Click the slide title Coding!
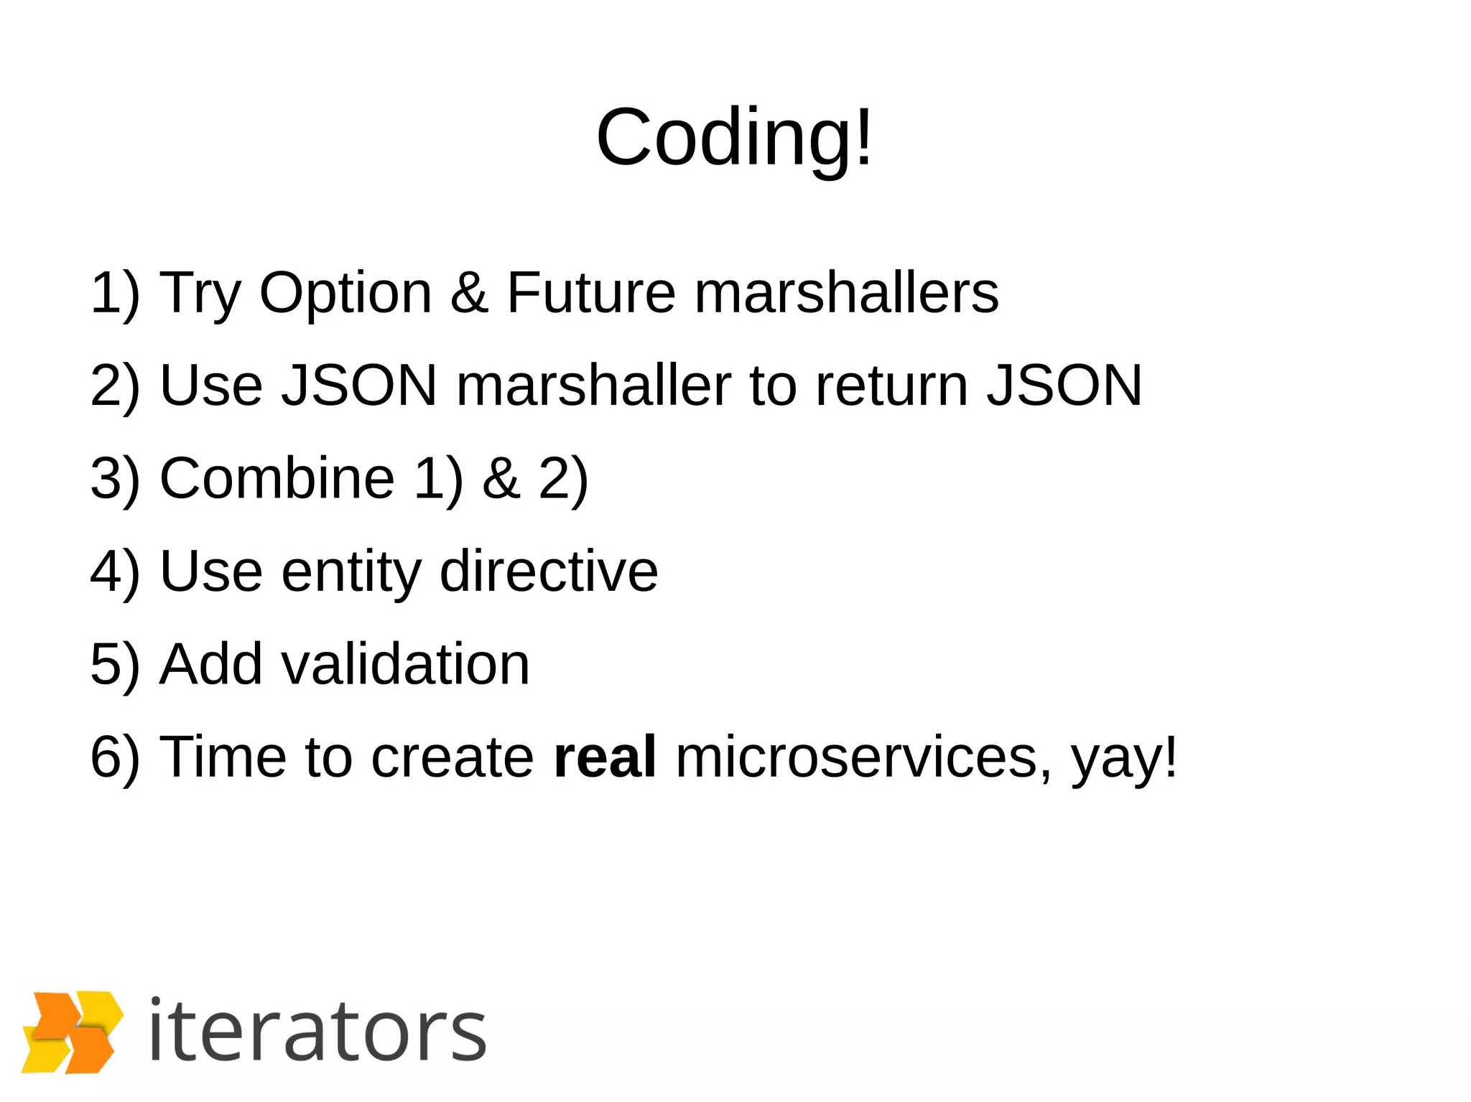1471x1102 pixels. pos(734,136)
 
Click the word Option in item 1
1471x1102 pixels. pos(345,293)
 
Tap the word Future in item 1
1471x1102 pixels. pos(590,293)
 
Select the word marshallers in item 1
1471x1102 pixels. pos(846,293)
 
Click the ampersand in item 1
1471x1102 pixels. pos(470,293)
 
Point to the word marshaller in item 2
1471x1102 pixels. pos(593,386)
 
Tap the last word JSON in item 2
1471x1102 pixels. pos(1064,386)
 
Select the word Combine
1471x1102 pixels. pos(277,478)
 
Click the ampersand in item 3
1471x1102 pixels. pos(501,478)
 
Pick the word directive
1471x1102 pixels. pos(549,571)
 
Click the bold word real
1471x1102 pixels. pos(605,757)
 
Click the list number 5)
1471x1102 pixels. pos(115,664)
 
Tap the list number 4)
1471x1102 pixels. pos(115,571)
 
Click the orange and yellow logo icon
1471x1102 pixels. pos(72,1032)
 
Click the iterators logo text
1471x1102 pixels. pos(317,1032)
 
